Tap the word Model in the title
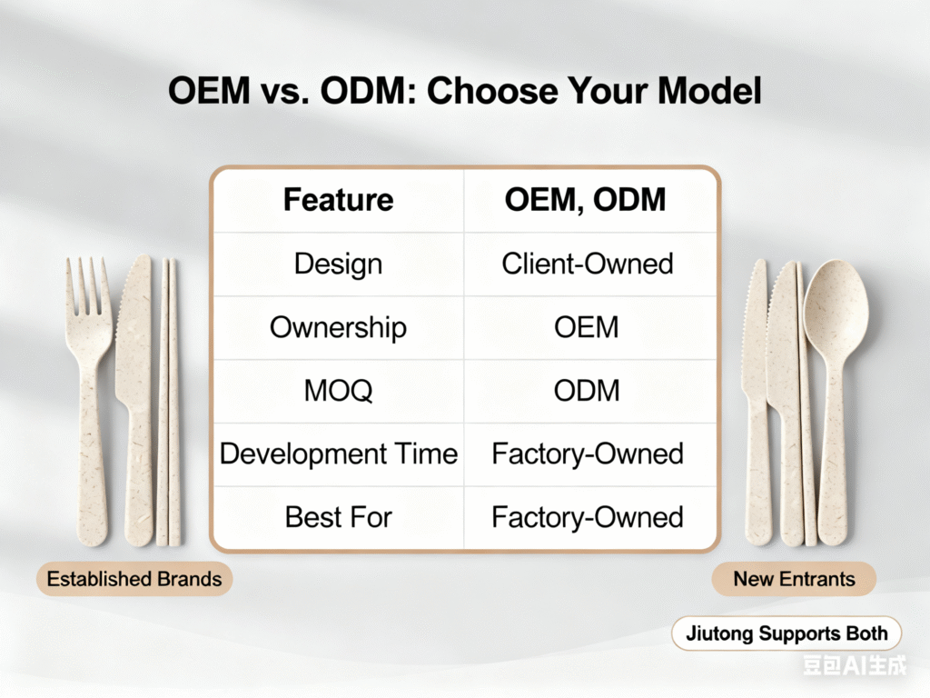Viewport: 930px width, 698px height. [x=708, y=91]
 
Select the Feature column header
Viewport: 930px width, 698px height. [x=338, y=199]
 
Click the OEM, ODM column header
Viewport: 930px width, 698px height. [x=586, y=199]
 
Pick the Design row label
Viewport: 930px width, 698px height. [x=338, y=264]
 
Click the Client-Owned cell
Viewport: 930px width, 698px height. [x=588, y=264]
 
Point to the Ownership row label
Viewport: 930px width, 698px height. [x=338, y=327]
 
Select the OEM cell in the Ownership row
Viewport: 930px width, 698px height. [x=587, y=327]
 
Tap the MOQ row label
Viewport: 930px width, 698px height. [x=338, y=391]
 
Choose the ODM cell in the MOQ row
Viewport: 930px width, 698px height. [x=587, y=391]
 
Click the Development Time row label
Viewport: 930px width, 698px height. [x=339, y=454]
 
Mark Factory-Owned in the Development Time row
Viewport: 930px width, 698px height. [x=588, y=454]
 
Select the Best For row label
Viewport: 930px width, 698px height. [x=338, y=517]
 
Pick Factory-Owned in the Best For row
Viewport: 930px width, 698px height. [x=588, y=517]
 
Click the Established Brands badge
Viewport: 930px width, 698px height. [x=134, y=579]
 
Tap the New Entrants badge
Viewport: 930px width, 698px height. [x=794, y=579]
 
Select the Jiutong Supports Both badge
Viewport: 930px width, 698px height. [x=787, y=633]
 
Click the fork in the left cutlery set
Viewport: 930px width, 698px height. [x=89, y=399]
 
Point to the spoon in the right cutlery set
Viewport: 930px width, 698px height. [x=836, y=399]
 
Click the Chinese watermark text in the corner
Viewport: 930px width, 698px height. [x=855, y=664]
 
